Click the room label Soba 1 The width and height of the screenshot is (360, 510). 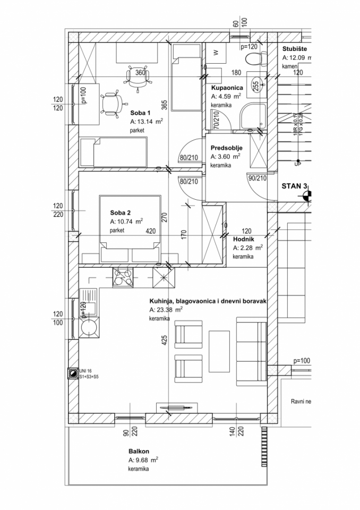(141, 113)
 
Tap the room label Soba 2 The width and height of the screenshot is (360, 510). (121, 213)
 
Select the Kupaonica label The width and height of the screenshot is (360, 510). (227, 88)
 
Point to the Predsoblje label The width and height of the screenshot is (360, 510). (227, 148)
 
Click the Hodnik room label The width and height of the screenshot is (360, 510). (244, 239)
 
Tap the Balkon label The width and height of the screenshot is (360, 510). (138, 451)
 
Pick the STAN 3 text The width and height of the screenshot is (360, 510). (297, 186)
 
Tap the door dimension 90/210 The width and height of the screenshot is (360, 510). (257, 178)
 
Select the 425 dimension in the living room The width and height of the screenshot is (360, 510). (165, 340)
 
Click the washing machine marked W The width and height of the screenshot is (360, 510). (216, 52)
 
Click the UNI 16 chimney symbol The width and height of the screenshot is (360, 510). (72, 373)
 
